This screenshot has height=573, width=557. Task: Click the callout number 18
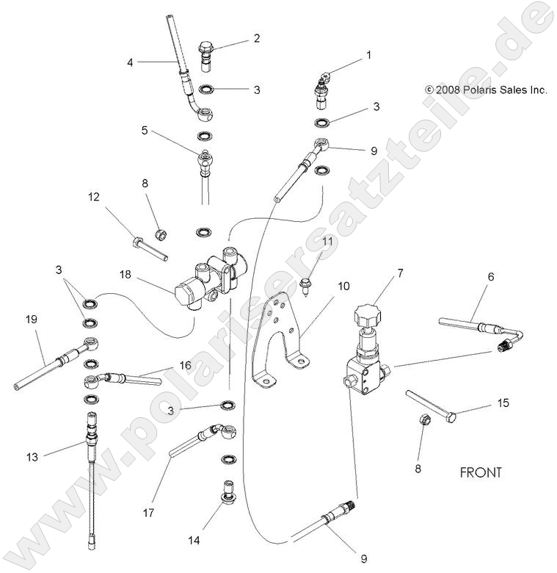coord(126,275)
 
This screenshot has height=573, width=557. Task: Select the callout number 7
coord(400,274)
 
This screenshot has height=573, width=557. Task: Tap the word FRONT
coord(481,472)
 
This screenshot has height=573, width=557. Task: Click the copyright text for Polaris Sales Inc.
coord(487,90)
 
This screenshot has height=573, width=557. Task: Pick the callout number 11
coord(328,240)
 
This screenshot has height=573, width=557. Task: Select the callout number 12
coord(93,197)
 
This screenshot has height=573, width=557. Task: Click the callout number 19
coord(31,320)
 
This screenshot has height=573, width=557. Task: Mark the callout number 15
coord(482,403)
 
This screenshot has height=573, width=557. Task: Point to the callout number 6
coord(490,276)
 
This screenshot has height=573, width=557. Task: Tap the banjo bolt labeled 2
coord(206,54)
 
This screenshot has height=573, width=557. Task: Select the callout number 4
coord(130,62)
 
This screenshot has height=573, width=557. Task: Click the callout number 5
coord(145,131)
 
